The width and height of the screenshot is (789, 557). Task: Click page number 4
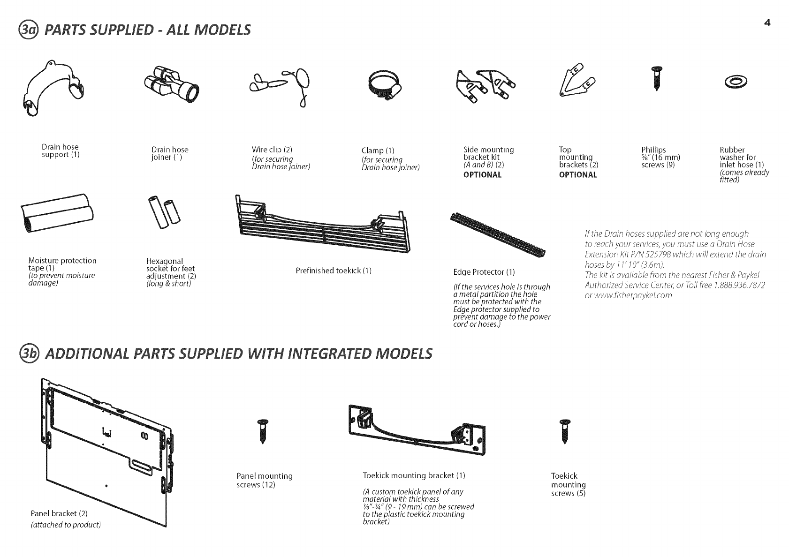tap(767, 23)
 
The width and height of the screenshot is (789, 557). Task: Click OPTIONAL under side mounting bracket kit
tap(482, 175)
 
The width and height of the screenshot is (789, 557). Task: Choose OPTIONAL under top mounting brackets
tap(578, 175)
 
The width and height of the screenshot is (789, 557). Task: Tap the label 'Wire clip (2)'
tap(272, 150)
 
